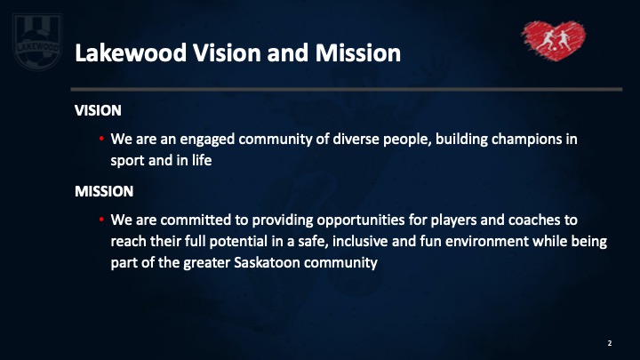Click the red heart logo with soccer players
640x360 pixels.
point(554,40)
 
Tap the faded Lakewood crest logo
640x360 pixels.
point(37,42)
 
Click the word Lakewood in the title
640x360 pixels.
point(131,53)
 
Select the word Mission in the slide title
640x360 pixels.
point(358,53)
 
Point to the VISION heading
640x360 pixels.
point(98,110)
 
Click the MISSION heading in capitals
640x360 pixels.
point(104,191)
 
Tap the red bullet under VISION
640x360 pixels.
point(101,139)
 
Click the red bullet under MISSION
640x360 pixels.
point(101,220)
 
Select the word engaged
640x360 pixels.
point(207,140)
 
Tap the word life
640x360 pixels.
point(202,160)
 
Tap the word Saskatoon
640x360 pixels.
point(267,262)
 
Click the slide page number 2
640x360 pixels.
point(610,343)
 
